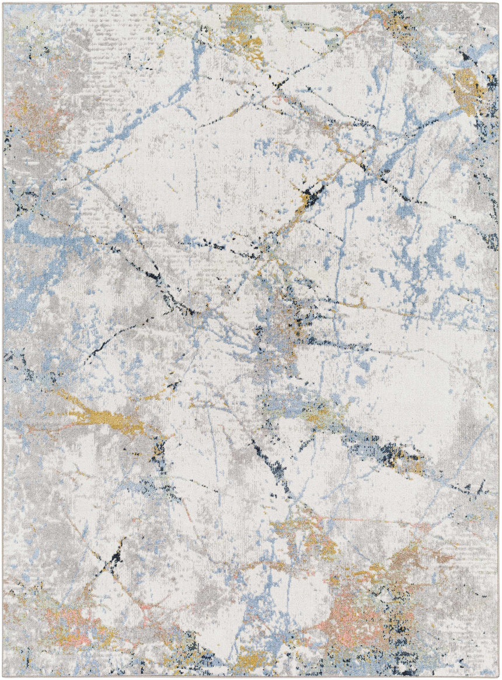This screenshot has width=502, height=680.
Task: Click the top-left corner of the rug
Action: coord(4,4)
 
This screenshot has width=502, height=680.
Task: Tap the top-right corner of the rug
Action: coord(499,4)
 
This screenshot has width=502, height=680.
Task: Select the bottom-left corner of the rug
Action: coord(4,676)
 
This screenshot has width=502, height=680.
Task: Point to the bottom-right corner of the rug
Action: coord(499,676)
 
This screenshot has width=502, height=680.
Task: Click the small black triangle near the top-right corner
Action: coord(465,57)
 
